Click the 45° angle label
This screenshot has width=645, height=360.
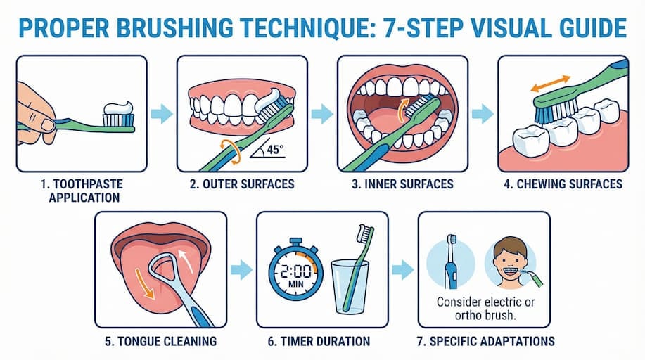[x=275, y=149]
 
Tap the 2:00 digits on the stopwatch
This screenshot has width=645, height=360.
[x=295, y=271]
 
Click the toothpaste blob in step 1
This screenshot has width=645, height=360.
[x=118, y=108]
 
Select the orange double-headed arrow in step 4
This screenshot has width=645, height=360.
[x=550, y=83]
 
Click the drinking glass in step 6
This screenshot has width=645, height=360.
[x=350, y=287]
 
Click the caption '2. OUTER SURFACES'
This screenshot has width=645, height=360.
[x=242, y=184]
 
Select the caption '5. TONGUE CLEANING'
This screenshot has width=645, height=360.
[x=160, y=341]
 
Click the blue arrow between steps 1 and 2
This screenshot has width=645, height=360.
[x=162, y=113]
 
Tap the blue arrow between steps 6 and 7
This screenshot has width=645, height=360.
[x=403, y=270]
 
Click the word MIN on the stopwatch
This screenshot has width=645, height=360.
[x=295, y=284]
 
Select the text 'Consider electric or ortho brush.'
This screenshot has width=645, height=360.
[x=485, y=309]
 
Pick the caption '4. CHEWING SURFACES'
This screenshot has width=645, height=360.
[x=563, y=184]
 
